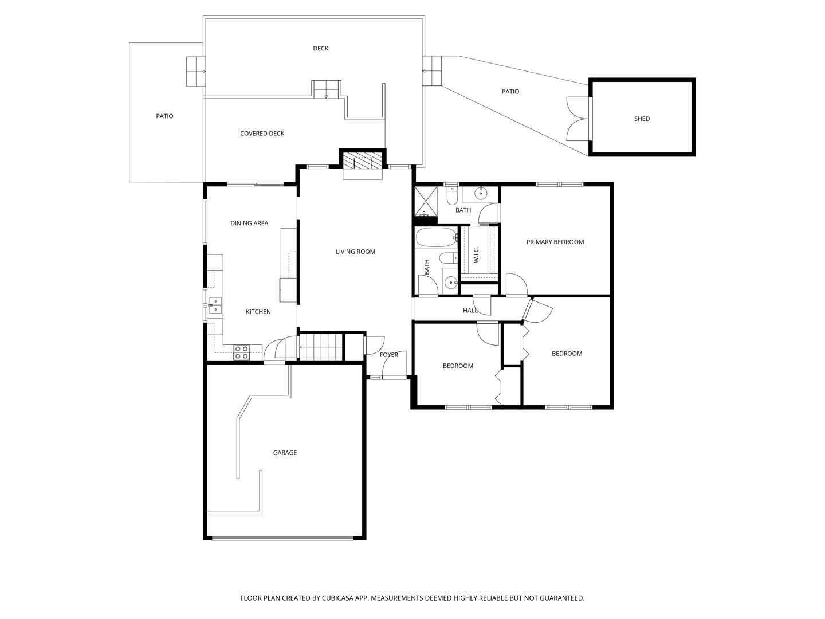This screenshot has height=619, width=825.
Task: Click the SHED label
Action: pos(642,119)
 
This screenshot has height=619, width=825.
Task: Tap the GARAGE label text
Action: pos(285,453)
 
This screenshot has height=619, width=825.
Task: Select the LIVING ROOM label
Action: pos(355,252)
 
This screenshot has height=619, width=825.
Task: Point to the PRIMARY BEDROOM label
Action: pos(555,242)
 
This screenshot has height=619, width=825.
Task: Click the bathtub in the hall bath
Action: pos(436,238)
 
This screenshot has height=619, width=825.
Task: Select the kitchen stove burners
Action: pos(241,352)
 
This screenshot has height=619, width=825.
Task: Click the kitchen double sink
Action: pos(215,305)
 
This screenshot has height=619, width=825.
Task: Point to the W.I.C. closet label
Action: pos(476,255)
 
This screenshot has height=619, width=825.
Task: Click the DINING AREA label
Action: pos(249,224)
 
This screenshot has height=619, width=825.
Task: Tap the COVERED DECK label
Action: pos(262,134)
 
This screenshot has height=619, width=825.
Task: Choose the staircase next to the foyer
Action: pos(321,347)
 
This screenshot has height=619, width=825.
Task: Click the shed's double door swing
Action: pos(578,119)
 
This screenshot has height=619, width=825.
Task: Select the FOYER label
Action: pos(388,355)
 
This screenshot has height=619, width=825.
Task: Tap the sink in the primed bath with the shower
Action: pos(480,194)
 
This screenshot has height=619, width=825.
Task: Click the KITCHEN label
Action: pos(258,312)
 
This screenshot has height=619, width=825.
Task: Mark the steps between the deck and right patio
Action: pos(431,70)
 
